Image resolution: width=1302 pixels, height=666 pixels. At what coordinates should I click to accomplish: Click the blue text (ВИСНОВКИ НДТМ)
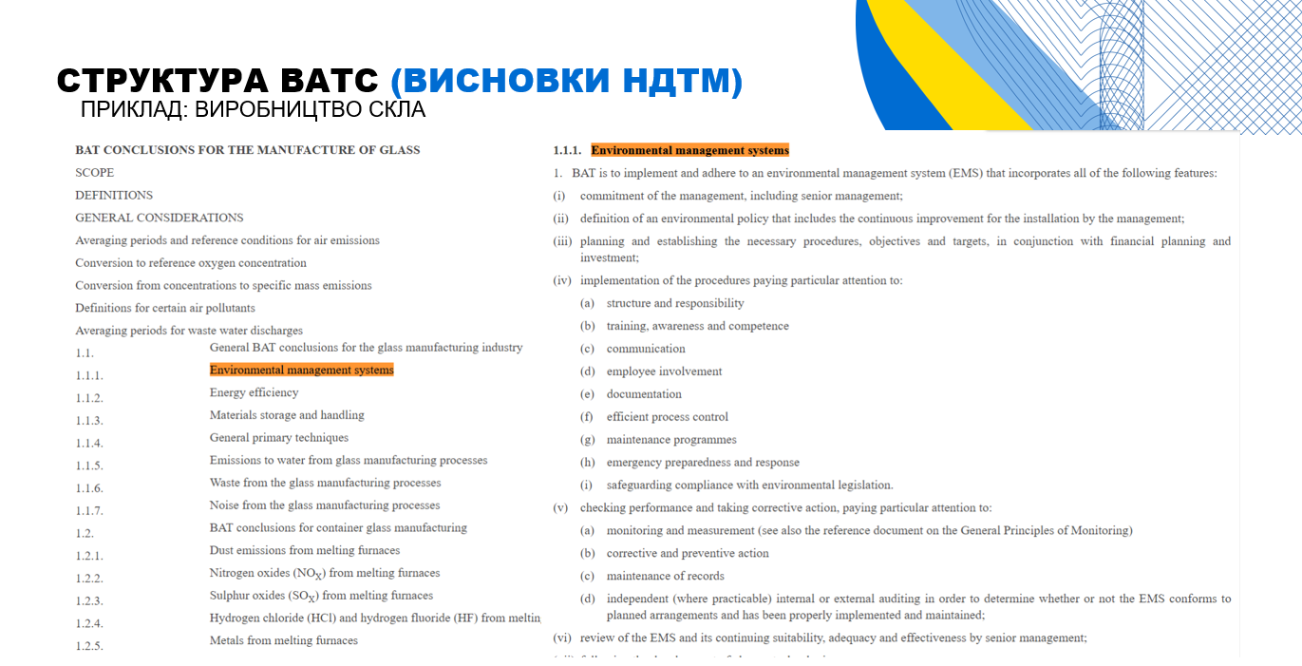pos(566,81)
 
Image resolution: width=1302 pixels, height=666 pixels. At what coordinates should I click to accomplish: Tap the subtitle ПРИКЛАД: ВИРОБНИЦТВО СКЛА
pos(253,110)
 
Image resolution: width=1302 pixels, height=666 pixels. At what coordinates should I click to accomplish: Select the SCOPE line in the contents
pos(95,173)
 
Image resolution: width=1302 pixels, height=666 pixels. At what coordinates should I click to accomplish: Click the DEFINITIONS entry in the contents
pos(114,196)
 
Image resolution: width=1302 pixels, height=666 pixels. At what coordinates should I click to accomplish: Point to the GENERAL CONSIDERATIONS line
pos(160,218)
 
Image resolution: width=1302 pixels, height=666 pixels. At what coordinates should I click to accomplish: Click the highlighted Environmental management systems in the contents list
pos(301,371)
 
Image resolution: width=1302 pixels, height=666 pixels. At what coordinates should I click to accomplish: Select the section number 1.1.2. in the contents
pos(89,398)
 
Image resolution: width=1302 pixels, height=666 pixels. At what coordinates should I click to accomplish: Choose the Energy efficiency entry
pos(254,392)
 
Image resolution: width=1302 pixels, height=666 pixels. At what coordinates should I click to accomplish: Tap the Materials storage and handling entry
pos(287,415)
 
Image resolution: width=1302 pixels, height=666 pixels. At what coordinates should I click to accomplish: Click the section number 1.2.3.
pos(89,601)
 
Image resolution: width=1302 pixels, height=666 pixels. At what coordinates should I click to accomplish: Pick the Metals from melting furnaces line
pos(283,641)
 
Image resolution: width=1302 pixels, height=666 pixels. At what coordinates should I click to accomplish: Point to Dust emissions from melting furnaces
pos(304,551)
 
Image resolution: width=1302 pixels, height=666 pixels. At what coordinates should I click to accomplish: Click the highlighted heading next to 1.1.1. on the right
pos(689,150)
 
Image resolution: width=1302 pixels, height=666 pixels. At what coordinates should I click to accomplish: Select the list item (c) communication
pos(646,349)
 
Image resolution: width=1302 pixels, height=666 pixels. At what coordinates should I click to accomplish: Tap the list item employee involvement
pos(664,371)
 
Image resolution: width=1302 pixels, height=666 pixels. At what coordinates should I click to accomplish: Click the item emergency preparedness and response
pos(703,463)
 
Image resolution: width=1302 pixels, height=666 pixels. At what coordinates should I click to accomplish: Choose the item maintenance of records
pos(665,576)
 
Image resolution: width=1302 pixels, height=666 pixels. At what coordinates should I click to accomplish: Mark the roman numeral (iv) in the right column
pos(562,281)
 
